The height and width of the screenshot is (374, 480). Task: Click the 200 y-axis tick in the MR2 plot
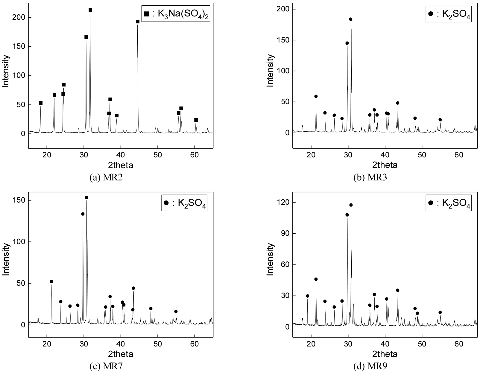(x=19, y=18)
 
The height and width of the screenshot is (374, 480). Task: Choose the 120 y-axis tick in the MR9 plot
(x=284, y=203)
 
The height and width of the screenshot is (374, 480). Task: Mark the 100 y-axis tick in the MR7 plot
(x=19, y=242)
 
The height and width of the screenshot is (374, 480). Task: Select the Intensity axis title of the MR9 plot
(x=271, y=259)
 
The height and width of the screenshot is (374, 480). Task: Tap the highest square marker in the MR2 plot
(x=90, y=10)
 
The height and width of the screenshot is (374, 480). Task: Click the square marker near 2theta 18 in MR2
(x=41, y=103)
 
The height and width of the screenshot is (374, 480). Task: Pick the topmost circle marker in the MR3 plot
(x=351, y=19)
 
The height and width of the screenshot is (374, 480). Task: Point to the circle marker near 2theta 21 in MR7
(x=51, y=282)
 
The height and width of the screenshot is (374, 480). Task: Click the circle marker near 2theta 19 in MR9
(x=307, y=296)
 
